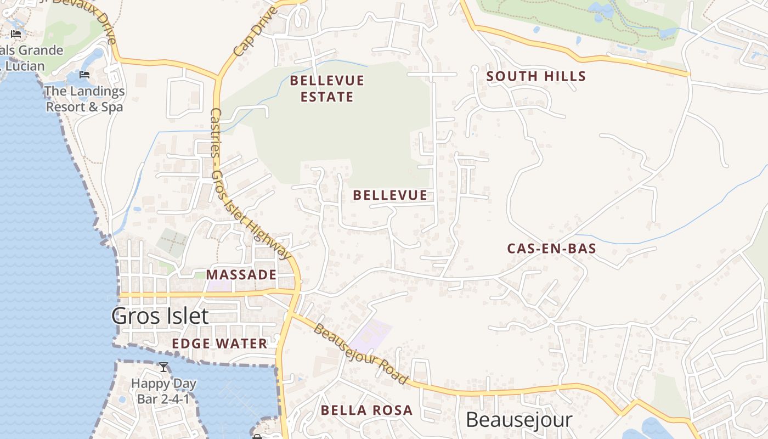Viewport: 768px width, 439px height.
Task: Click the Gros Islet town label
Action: click(x=160, y=316)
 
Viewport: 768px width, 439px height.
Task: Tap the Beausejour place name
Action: click(x=518, y=420)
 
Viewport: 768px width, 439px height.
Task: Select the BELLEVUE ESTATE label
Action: click(x=327, y=89)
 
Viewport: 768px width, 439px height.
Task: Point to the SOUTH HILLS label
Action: click(x=536, y=76)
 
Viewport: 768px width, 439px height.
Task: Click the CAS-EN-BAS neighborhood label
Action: click(x=551, y=248)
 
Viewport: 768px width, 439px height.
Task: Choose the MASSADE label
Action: click(x=241, y=274)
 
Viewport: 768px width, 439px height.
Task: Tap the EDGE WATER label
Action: click(x=219, y=344)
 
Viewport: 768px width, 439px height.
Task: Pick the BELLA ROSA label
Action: click(x=366, y=410)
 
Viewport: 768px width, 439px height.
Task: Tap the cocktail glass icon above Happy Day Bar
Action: click(x=163, y=367)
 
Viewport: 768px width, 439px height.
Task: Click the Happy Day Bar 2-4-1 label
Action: click(x=163, y=391)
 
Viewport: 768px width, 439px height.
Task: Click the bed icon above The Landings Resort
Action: click(x=84, y=75)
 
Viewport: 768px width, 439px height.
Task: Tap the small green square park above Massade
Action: click(x=172, y=241)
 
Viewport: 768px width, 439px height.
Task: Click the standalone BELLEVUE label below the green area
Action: click(x=389, y=195)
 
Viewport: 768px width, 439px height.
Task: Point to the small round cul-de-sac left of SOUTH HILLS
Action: click(x=475, y=69)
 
